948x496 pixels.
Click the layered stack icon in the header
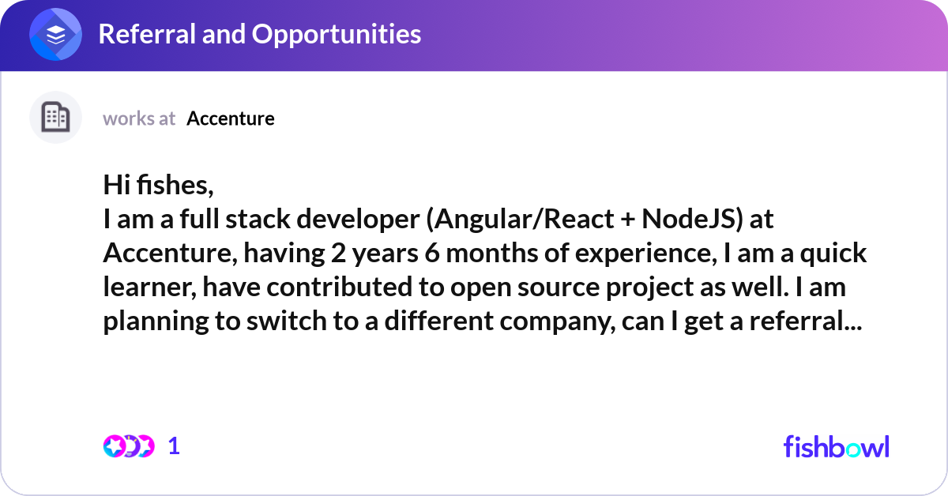55,34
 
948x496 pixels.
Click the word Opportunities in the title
337,34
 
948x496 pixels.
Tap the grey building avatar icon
55,117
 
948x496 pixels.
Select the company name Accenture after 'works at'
231,118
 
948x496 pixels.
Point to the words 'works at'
139,118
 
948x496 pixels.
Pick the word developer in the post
358,220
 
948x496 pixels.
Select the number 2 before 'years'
338,253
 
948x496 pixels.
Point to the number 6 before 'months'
432,253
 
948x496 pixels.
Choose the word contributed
340,287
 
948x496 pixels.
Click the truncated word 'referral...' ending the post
806,321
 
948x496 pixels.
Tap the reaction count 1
174,446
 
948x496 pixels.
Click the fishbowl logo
837,446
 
